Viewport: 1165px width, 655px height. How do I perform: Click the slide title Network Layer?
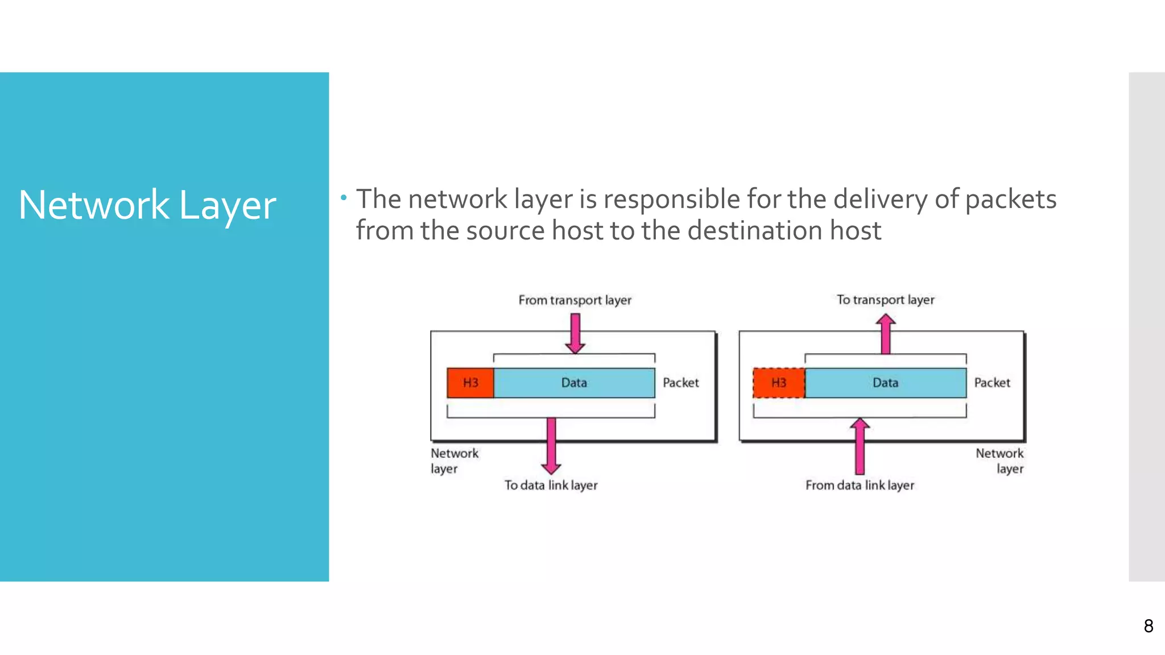pos(147,205)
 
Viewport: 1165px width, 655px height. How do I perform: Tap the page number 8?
pos(1148,626)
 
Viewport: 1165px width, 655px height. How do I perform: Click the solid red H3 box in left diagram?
pos(470,383)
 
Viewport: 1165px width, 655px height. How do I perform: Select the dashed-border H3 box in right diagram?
pos(779,383)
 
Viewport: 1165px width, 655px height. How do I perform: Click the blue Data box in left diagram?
pos(574,383)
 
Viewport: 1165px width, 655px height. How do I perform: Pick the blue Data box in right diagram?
pos(885,383)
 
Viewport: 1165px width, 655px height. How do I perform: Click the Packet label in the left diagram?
pos(680,383)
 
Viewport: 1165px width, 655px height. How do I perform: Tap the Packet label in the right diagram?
pos(992,383)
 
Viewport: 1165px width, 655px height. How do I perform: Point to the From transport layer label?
pos(575,300)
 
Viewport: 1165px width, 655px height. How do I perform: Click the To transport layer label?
pos(885,300)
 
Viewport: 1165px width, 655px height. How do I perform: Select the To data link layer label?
pos(551,485)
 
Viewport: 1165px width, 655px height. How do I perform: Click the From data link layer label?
pos(860,485)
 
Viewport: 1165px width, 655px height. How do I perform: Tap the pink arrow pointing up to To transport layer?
pos(885,334)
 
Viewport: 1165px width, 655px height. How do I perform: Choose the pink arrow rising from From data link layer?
pos(860,446)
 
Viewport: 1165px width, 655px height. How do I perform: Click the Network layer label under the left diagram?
pos(454,461)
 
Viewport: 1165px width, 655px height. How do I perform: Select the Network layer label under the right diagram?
pos(999,461)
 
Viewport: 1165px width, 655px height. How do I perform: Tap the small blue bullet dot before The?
pos(344,198)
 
